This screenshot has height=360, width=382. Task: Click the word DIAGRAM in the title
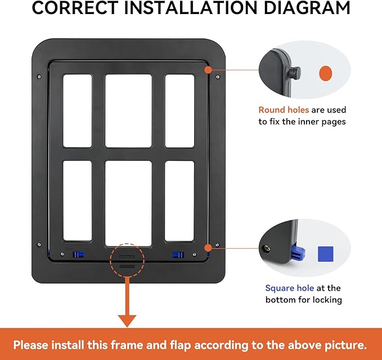tap(307, 8)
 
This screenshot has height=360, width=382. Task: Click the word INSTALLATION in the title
tap(191, 8)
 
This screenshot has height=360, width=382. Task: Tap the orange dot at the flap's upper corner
tap(208, 70)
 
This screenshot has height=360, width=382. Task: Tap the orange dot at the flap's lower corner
tap(208, 248)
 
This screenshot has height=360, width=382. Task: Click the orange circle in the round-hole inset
tap(326, 73)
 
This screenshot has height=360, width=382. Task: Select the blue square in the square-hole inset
tap(326, 254)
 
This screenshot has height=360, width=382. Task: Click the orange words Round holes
tap(284, 110)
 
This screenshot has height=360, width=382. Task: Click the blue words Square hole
tap(289, 288)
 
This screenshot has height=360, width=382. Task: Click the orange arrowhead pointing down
tap(127, 321)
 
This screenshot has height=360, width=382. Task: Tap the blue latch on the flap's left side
tap(78, 255)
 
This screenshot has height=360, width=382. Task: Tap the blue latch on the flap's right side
tap(178, 255)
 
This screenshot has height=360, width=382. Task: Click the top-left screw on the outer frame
tap(39, 76)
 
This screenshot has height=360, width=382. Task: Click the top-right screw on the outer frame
tap(218, 77)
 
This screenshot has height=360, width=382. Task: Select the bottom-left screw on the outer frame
tap(39, 244)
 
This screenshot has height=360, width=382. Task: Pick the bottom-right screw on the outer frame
tap(217, 245)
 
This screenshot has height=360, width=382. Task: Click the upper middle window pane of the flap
tap(128, 111)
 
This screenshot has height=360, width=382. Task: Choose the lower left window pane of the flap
tap(78, 201)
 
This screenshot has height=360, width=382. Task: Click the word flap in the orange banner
tap(181, 345)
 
